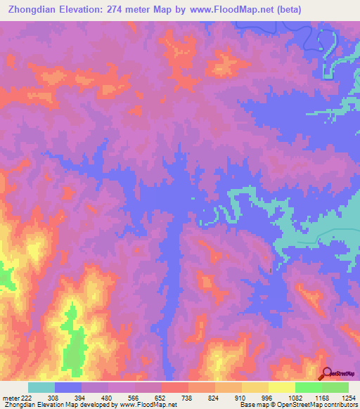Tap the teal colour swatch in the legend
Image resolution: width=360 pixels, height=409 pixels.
pos(41,387)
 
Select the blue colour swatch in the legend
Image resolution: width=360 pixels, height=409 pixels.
pos(68,387)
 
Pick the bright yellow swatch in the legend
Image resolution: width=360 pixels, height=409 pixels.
pos(281,387)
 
